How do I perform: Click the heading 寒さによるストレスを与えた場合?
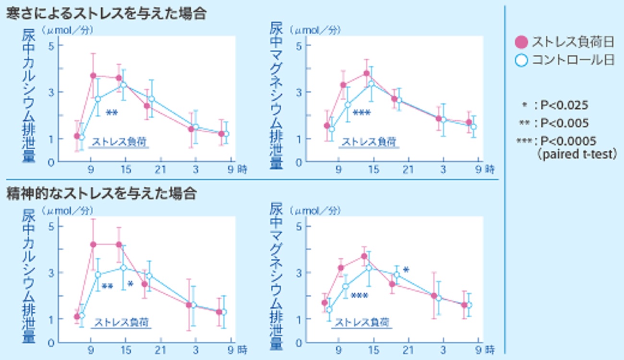click(x=106, y=14)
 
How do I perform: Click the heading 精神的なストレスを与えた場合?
click(x=101, y=194)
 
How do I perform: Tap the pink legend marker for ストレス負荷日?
click(x=521, y=42)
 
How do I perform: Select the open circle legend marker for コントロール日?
click(x=521, y=60)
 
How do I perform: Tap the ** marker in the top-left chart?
click(x=111, y=113)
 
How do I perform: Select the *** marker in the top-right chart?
click(x=361, y=113)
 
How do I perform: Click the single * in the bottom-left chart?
click(x=130, y=284)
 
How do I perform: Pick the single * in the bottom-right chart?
click(x=406, y=270)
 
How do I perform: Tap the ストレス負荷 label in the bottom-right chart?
click(x=362, y=322)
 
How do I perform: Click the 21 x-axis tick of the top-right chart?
click(x=408, y=169)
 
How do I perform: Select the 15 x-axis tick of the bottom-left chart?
click(x=126, y=349)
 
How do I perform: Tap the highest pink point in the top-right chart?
click(x=366, y=73)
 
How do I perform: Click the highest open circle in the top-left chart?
click(x=123, y=85)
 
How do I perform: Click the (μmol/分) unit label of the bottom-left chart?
click(x=67, y=210)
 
